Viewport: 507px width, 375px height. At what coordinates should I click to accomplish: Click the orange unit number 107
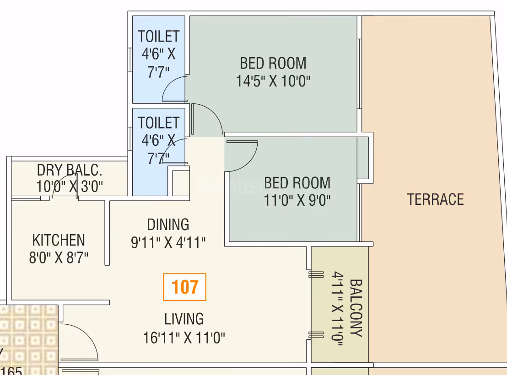(184, 287)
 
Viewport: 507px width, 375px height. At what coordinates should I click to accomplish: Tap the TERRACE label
(435, 199)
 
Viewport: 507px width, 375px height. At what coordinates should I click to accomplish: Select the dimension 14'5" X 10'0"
(273, 81)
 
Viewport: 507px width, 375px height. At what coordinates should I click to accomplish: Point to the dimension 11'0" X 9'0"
(297, 200)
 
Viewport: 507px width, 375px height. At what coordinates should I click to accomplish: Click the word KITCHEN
(59, 240)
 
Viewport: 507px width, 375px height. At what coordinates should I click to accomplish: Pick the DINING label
(168, 225)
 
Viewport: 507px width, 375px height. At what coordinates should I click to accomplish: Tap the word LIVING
(184, 319)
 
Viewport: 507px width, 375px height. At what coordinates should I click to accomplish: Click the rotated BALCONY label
(356, 308)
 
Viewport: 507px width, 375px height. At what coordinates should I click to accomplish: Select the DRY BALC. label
(70, 170)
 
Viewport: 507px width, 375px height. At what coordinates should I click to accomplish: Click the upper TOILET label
(158, 36)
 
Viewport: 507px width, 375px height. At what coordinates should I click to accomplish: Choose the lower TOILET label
(158, 123)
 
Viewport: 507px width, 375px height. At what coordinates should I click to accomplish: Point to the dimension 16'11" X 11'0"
(184, 338)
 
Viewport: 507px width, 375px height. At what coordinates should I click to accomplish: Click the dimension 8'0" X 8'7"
(59, 257)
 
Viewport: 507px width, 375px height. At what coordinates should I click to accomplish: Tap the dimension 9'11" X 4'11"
(168, 242)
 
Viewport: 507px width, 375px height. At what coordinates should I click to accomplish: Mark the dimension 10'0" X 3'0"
(70, 187)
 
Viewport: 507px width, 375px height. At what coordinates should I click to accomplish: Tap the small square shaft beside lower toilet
(181, 182)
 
